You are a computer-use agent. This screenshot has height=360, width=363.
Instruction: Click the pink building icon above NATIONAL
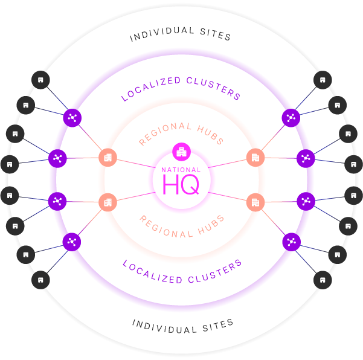pyautogui.click(x=181, y=152)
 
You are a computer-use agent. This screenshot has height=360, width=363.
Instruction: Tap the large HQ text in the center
pyautogui.click(x=181, y=184)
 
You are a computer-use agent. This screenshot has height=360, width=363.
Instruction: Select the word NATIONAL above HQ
pyautogui.click(x=181, y=170)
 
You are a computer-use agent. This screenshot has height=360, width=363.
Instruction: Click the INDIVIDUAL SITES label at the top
pyautogui.click(x=181, y=34)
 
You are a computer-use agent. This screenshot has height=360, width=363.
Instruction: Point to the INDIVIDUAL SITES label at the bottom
pyautogui.click(x=182, y=326)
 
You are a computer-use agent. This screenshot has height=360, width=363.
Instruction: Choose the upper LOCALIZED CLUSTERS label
pyautogui.click(x=181, y=89)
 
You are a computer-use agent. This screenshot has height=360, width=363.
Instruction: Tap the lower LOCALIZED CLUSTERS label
pyautogui.click(x=182, y=272)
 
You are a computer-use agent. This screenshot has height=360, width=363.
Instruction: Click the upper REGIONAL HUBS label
pyautogui.click(x=181, y=134)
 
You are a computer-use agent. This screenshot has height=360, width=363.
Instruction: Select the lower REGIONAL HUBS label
pyautogui.click(x=182, y=227)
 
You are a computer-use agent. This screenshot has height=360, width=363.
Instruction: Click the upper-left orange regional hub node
pyautogui.click(x=108, y=158)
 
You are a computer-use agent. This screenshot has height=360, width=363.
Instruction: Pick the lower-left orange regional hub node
pyautogui.click(x=108, y=202)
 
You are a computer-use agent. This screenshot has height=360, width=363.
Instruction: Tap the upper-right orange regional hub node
pyautogui.click(x=255, y=158)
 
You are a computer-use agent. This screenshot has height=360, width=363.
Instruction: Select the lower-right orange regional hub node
pyautogui.click(x=255, y=202)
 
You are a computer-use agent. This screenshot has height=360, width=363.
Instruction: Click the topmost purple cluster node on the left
pyautogui.click(x=72, y=118)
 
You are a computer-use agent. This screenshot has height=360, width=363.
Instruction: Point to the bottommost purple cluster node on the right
pyautogui.click(x=292, y=242)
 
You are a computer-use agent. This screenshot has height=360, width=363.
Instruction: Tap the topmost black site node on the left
pyautogui.click(x=40, y=80)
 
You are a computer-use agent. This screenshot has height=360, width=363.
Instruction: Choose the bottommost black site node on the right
pyautogui.click(x=323, y=280)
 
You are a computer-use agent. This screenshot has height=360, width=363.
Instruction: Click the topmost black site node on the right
pyautogui.click(x=323, y=80)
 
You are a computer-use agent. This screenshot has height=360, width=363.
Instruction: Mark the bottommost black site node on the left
pyautogui.click(x=40, y=280)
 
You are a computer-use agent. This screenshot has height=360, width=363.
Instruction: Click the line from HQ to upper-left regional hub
pyautogui.click(x=136, y=164)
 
